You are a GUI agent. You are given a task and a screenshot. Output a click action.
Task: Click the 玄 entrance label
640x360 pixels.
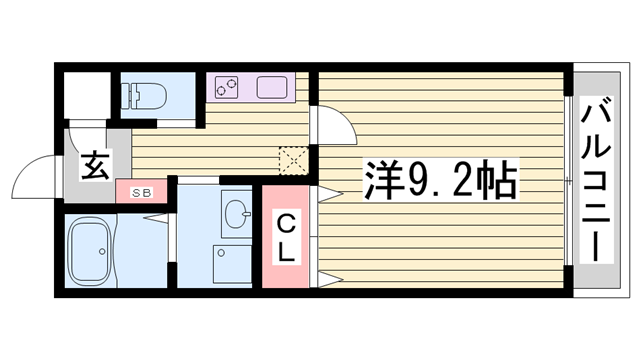94,166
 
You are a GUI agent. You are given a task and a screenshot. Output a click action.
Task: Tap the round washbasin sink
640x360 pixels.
237,212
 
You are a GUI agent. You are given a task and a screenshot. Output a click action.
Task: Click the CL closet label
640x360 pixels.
286,237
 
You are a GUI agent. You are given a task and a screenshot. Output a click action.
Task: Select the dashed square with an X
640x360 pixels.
294,160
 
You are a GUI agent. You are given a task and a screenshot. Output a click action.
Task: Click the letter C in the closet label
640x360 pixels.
286,222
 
